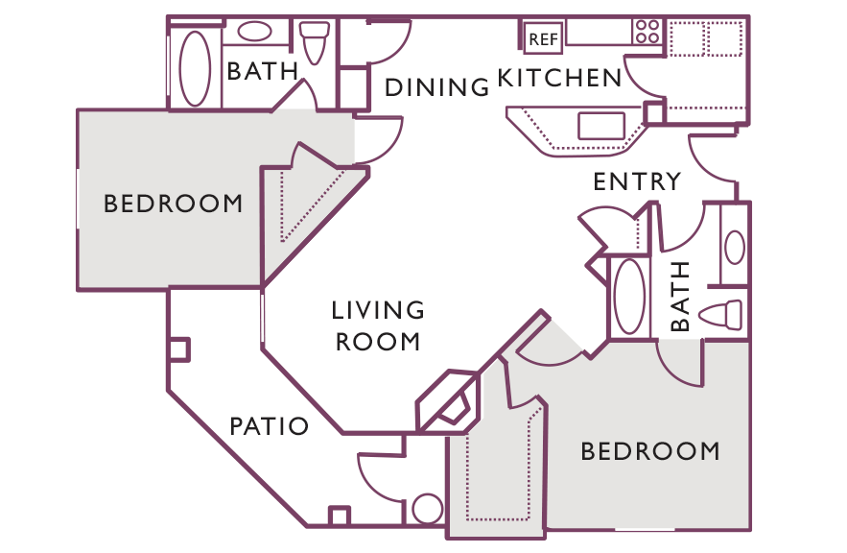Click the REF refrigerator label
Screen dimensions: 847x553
coord(543,39)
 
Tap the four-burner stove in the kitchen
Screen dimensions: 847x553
coord(647,32)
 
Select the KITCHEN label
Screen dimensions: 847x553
coord(559,78)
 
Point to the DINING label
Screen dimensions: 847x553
coord(436,87)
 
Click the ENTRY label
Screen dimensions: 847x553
coord(637,181)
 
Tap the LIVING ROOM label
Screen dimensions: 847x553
coord(378,326)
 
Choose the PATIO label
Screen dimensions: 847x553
coord(269,426)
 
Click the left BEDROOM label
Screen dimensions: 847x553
coord(173,204)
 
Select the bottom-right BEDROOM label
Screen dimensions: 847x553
coord(650,451)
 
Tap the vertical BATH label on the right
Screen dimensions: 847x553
coord(680,296)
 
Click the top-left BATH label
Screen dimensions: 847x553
coord(263,71)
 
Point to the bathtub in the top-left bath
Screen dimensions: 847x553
coord(195,68)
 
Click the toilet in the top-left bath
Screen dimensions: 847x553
coord(315,42)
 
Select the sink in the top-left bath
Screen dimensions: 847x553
coord(254,32)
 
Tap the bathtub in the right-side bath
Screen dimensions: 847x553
coord(629,297)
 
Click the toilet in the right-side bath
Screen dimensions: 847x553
coord(720,315)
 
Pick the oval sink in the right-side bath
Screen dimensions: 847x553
coord(735,247)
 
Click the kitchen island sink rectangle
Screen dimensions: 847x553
coord(601,126)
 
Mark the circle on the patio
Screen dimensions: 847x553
coord(427,509)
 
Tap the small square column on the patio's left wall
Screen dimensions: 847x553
coord(179,349)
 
